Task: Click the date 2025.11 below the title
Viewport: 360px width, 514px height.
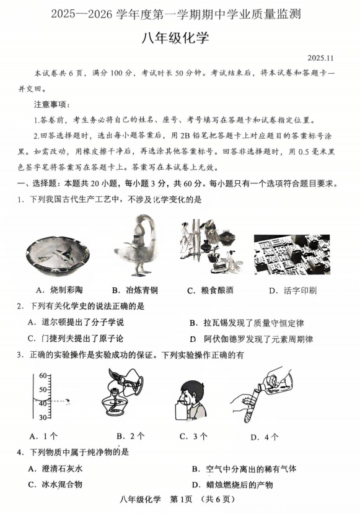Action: [320, 58]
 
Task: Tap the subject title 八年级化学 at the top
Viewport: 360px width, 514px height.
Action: [175, 38]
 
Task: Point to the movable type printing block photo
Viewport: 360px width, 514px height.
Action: [292, 255]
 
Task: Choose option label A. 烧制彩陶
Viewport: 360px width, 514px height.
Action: [59, 290]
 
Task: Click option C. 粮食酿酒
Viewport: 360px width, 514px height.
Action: [210, 290]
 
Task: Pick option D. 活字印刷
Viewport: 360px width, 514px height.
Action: [292, 290]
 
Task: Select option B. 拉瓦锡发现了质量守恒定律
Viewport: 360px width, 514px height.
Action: [247, 323]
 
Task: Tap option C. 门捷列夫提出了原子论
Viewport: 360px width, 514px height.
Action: [76, 338]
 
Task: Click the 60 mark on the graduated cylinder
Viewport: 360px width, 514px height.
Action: [43, 376]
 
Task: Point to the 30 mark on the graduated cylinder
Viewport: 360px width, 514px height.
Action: [43, 417]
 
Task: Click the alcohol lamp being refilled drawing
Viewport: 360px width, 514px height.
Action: [123, 395]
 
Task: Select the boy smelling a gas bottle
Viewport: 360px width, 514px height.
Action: [191, 401]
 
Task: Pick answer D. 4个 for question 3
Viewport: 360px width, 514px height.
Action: [264, 437]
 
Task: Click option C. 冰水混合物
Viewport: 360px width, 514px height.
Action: [55, 484]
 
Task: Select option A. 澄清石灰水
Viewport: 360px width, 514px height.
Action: [55, 468]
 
